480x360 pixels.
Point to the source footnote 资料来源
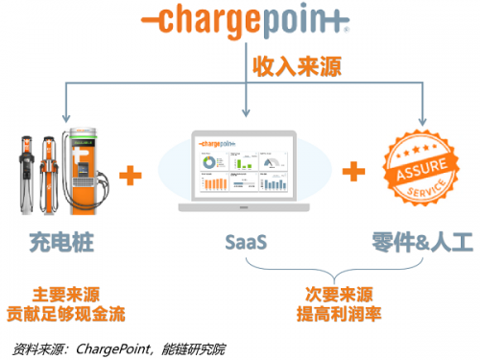[97, 348]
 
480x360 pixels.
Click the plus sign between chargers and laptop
[131, 176]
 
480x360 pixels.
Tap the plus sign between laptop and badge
[356, 172]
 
